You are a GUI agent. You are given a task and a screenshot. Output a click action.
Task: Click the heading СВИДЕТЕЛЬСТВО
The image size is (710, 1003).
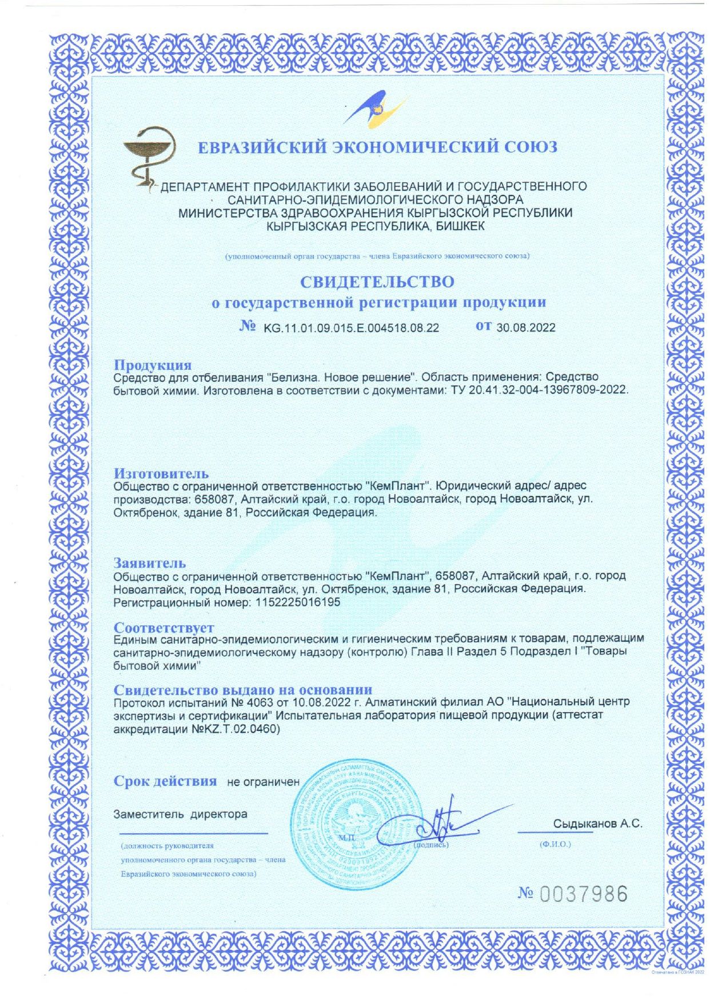click(377, 282)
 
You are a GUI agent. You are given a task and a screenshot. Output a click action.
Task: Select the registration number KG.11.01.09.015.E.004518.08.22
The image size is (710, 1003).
click(351, 328)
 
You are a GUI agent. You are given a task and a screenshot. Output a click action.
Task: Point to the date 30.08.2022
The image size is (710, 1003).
click(526, 328)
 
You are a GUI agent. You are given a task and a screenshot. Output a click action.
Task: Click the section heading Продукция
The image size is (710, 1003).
click(152, 365)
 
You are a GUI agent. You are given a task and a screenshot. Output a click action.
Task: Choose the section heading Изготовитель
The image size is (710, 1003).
click(161, 473)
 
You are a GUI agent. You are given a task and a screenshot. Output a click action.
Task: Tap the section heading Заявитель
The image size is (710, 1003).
click(150, 563)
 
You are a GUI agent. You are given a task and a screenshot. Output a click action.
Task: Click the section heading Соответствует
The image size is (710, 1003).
click(163, 628)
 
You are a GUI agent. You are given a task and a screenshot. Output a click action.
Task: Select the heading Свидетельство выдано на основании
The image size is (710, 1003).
click(242, 690)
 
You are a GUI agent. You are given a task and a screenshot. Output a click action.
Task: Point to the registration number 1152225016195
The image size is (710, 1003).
click(295, 602)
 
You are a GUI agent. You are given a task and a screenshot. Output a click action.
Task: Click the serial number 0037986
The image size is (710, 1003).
click(583, 894)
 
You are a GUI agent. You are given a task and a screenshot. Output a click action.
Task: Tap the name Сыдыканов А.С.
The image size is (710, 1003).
click(597, 824)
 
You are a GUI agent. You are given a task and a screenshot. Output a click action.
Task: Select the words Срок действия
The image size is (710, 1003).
click(165, 781)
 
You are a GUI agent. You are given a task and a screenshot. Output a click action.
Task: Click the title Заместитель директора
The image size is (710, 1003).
click(180, 814)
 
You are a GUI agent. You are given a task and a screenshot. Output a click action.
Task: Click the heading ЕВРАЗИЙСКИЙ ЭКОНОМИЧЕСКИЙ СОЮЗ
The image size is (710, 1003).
click(377, 147)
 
